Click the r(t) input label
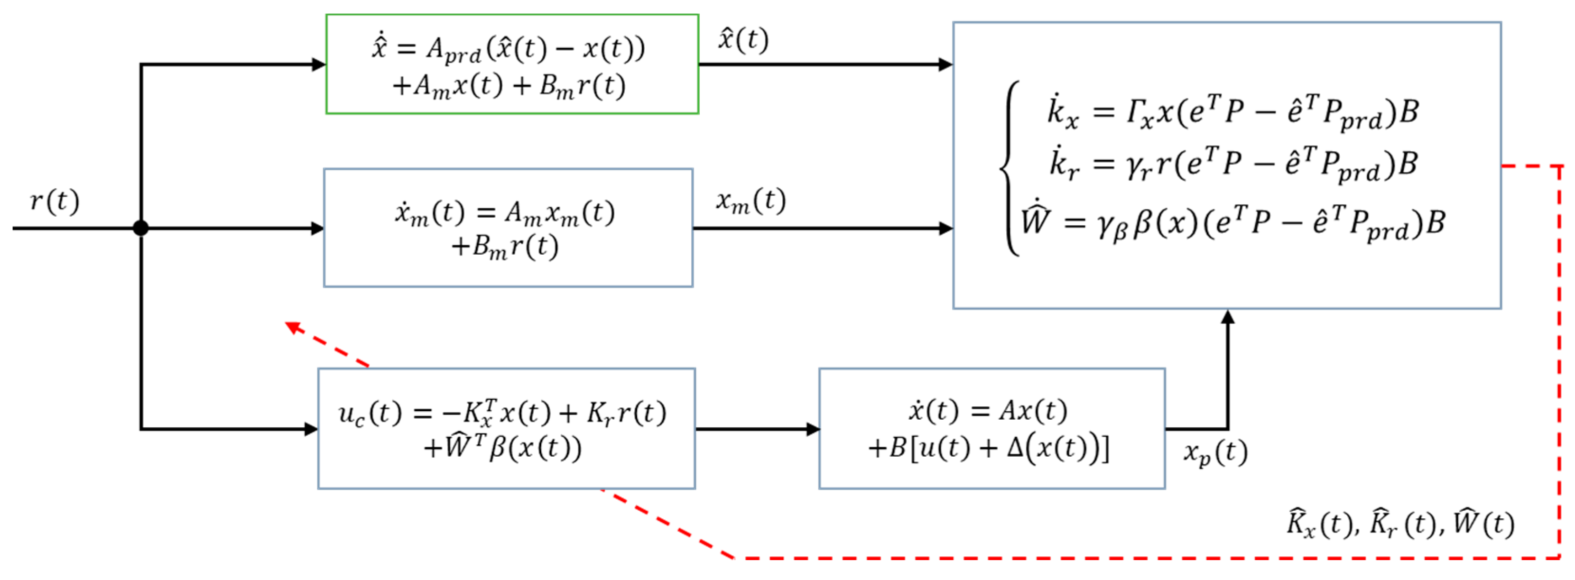point(55,202)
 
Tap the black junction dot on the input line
point(140,229)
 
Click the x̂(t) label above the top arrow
point(743,40)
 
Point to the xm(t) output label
point(751,201)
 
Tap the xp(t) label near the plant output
point(1215,453)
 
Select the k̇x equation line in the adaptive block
point(1232,112)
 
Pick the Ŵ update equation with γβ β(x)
point(1232,222)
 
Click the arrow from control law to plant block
point(757,429)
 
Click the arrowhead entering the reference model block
point(317,229)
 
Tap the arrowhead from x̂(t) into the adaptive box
point(945,64)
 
